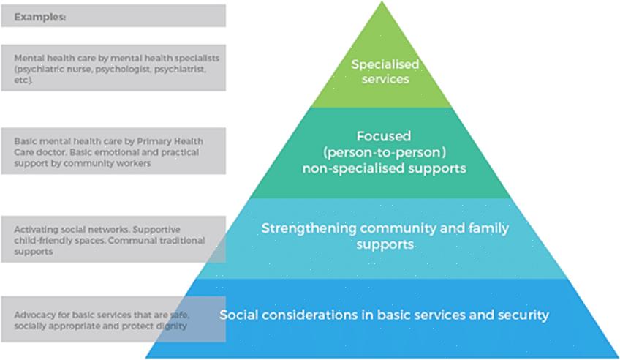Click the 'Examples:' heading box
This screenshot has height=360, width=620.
pos(113,16)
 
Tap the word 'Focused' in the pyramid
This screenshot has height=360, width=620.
pos(384,136)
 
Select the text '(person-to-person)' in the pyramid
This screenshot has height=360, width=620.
pos(384,152)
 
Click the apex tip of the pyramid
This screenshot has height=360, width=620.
pos(382,3)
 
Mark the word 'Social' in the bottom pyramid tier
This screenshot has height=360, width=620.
pos(238,315)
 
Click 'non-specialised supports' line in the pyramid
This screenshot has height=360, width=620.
pos(384,168)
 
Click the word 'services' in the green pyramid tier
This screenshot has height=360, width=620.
pos(384,78)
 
